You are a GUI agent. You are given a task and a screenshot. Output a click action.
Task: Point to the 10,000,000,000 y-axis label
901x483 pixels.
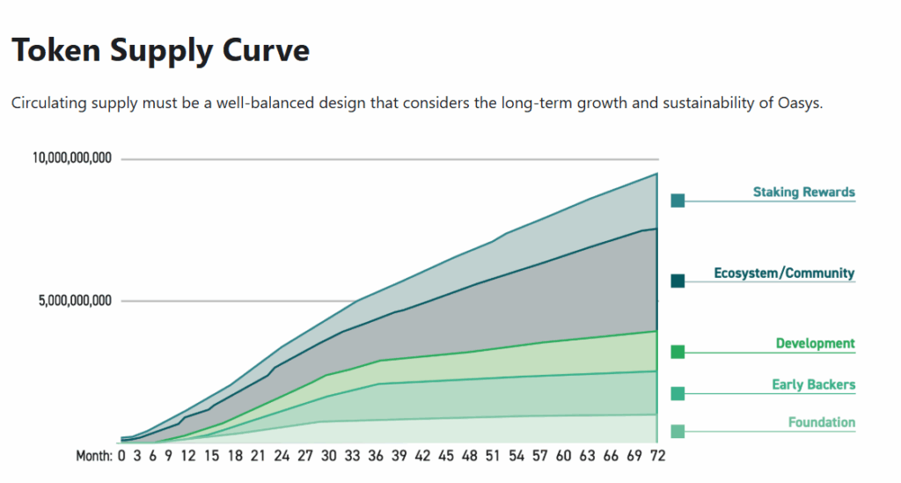tap(72, 159)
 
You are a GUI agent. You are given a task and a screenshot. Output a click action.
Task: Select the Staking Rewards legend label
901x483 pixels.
tap(803, 192)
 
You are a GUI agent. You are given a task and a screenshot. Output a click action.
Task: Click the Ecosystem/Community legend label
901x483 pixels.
tap(784, 273)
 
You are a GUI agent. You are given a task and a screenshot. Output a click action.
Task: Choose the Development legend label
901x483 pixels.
tap(815, 343)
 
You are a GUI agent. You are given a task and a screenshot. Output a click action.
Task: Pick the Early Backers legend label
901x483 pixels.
tap(813, 384)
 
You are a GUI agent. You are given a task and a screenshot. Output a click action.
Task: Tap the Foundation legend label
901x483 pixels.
tap(821, 422)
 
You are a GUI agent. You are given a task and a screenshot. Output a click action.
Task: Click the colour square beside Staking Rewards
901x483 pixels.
tap(678, 201)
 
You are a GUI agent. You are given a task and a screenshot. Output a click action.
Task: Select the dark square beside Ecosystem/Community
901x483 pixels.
tap(678, 281)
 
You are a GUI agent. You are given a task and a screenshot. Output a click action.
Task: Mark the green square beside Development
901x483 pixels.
tap(678, 352)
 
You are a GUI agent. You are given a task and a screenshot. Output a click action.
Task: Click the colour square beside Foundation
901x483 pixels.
tap(678, 431)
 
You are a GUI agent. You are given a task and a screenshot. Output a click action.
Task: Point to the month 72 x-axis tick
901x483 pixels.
tap(657, 456)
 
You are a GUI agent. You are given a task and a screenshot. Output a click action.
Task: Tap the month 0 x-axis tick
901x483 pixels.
tap(122, 456)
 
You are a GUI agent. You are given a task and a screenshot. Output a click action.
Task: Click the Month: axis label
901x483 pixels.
tap(93, 456)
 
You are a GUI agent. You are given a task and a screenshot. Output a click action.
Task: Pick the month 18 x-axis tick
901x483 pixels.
tap(235, 456)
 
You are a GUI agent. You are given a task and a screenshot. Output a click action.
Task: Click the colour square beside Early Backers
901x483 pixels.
tap(678, 393)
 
